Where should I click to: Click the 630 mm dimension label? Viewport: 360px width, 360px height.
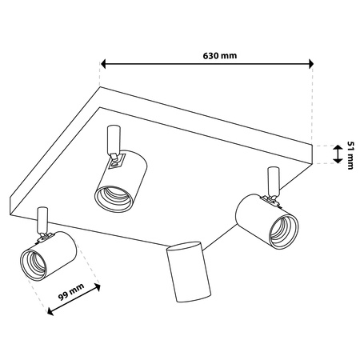[220, 56]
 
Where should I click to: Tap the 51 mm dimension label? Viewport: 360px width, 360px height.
[350, 155]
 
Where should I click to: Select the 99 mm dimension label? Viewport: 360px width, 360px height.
[71, 292]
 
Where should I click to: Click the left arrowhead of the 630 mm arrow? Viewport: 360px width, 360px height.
[103, 64]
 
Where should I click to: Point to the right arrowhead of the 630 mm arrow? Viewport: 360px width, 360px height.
[310, 64]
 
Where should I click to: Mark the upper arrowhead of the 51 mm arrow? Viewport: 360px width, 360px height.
[338, 148]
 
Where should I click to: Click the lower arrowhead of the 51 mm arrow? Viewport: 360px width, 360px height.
[338, 160]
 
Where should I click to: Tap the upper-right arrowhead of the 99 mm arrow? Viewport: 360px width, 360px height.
[98, 287]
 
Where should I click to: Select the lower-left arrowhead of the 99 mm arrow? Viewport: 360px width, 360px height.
[50, 311]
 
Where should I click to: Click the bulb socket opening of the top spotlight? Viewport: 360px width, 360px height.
[114, 198]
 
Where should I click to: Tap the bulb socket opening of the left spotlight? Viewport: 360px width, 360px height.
[34, 265]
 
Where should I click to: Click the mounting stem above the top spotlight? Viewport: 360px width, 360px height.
[114, 139]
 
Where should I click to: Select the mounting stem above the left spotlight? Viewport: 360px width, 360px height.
[42, 220]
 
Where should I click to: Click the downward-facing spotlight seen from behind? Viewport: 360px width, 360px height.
[189, 272]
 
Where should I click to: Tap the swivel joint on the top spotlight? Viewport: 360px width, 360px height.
[115, 159]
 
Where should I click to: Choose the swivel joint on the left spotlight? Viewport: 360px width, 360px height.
[45, 238]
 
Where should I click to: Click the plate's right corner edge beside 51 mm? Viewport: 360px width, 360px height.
[312, 154]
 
